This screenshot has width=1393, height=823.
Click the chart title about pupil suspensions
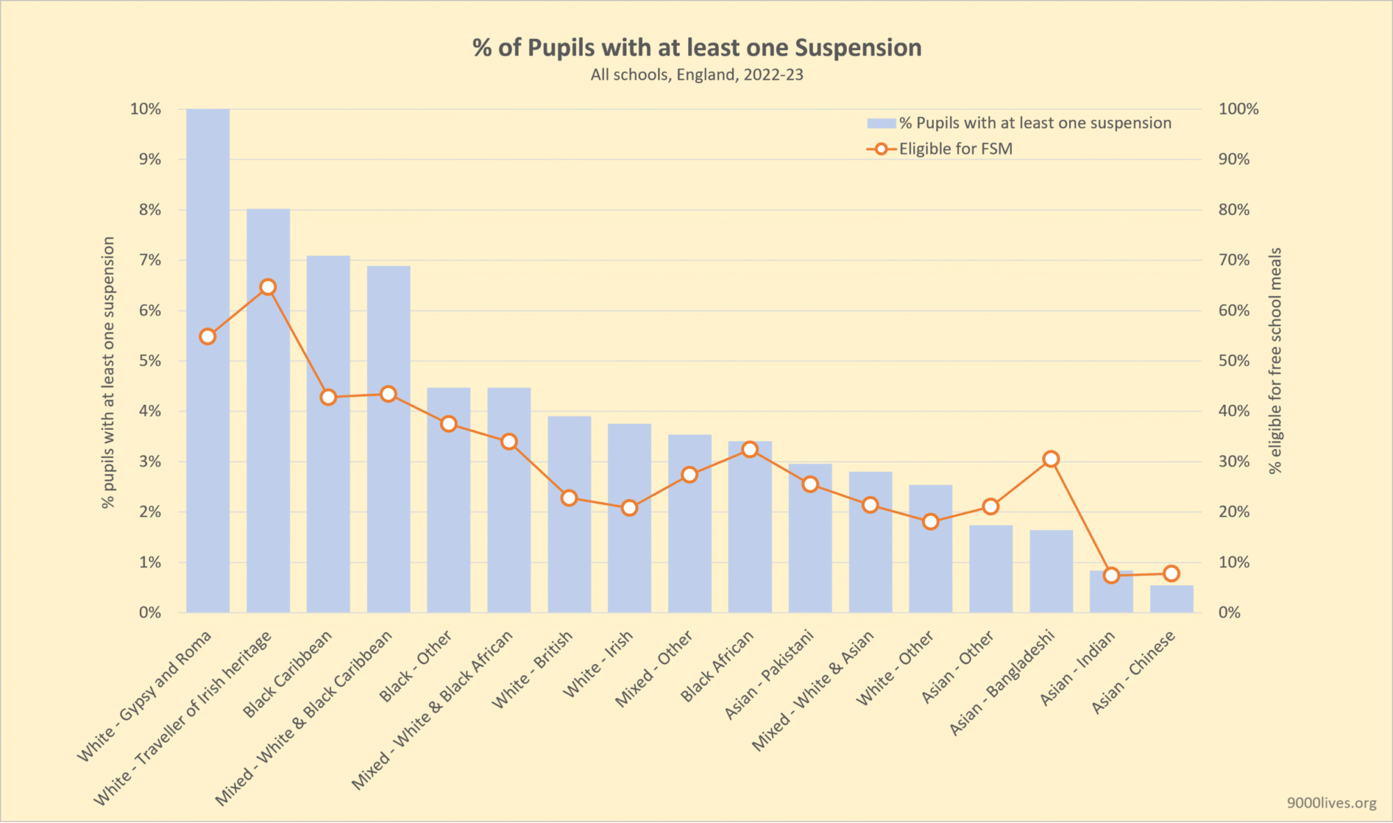pyautogui.click(x=696, y=47)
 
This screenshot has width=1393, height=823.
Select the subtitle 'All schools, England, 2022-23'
pyautogui.click(x=696, y=75)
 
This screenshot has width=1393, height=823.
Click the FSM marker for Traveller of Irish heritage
pyautogui.click(x=268, y=287)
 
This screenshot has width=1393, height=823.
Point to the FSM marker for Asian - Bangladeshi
pyautogui.click(x=1051, y=459)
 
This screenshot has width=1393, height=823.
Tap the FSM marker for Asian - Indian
pyautogui.click(x=1112, y=575)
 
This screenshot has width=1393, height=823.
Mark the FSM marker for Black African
pyautogui.click(x=749, y=449)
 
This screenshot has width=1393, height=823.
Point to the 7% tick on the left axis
pyautogui.click(x=150, y=260)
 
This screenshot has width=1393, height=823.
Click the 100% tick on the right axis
pyautogui.click(x=1238, y=109)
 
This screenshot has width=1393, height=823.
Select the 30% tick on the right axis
pyautogui.click(x=1234, y=461)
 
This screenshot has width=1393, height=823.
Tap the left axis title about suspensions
pyautogui.click(x=108, y=372)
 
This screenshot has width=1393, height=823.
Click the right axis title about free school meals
pyautogui.click(x=1275, y=360)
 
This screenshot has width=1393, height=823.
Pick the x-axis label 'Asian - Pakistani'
pyautogui.click(x=770, y=674)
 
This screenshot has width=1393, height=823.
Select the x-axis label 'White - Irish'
pyautogui.click(x=598, y=663)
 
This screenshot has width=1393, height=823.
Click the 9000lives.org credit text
pyautogui.click(x=1331, y=803)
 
